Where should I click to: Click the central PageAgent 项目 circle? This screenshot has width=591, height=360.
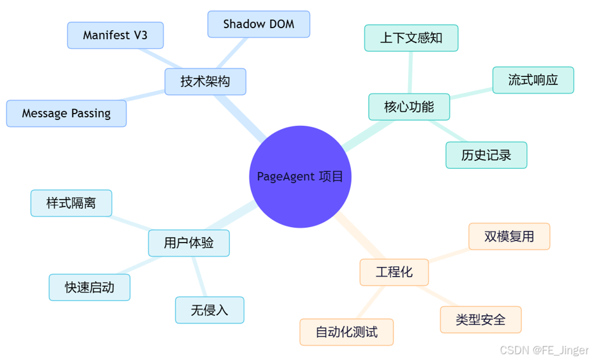tap(300, 176)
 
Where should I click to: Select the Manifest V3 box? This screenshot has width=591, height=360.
tap(116, 35)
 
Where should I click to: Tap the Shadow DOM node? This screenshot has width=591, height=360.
tap(259, 24)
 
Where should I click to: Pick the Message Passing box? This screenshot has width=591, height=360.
tap(66, 114)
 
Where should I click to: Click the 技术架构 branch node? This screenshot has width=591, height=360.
tap(205, 81)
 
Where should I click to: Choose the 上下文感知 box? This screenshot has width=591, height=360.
tap(411, 38)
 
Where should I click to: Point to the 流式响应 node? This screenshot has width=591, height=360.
tap(533, 80)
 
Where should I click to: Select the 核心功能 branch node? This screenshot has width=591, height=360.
tap(409, 107)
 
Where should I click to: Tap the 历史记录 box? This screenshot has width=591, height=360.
tap(486, 155)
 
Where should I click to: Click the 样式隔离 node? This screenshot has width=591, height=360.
tap(71, 203)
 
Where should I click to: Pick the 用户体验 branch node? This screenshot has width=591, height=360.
tap(189, 243)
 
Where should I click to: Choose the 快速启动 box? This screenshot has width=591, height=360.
tap(90, 287)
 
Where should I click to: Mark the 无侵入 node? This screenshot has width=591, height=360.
tap(210, 310)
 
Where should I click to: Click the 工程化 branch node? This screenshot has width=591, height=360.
tap(394, 272)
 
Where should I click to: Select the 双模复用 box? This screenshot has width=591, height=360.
tap(510, 236)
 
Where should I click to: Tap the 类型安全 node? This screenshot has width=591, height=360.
tap(481, 320)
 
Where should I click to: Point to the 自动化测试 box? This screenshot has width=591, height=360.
tap(347, 332)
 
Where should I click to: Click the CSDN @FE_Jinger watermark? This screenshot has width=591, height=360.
tap(544, 350)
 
